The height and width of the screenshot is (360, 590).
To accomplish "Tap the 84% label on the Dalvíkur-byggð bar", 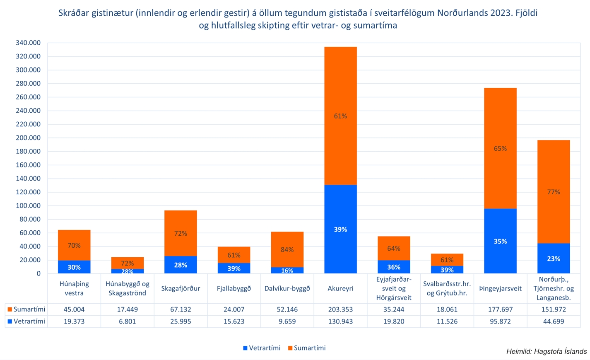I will [287, 249].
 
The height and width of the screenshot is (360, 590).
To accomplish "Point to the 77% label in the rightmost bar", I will [554, 192].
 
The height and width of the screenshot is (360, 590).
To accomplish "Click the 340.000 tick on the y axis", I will [28, 43].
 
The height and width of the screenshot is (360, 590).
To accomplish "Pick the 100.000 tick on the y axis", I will [28, 205].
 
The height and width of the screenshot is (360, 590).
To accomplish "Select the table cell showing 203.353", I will [340, 309].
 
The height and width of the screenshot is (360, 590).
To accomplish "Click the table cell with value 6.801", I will [127, 321].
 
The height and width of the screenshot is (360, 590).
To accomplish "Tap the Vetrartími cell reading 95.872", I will [500, 321].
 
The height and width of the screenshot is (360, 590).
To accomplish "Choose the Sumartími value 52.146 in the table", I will [287, 309].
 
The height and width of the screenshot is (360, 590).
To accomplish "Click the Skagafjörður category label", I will [181, 288].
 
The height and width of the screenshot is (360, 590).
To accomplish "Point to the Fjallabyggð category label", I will [234, 288].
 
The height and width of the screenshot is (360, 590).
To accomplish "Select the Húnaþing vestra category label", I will [74, 288].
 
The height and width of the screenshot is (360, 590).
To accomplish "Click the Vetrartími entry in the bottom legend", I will [262, 348].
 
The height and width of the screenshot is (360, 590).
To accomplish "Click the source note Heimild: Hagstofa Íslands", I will [546, 351].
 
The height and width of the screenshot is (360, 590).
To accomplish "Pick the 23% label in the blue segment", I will [554, 259].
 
